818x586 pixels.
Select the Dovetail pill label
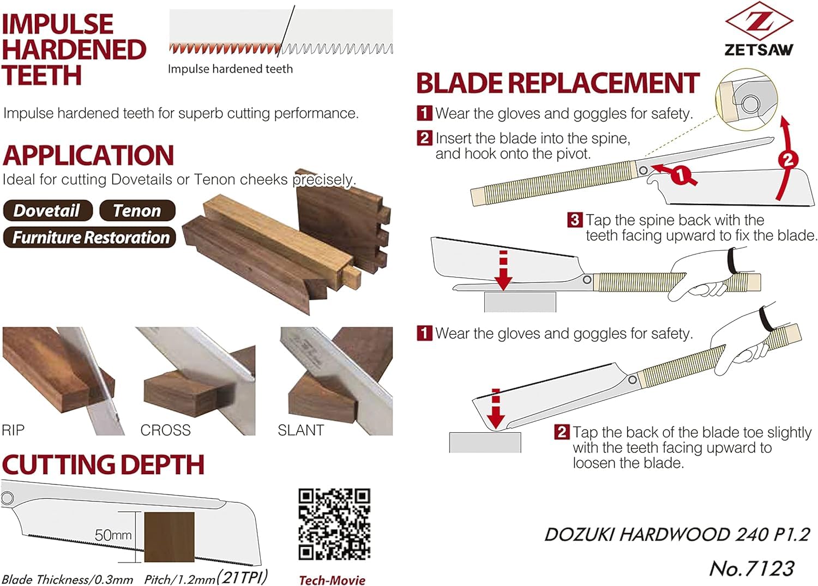[x=47, y=210]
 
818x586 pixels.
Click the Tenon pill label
[x=137, y=210]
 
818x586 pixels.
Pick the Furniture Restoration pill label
[x=90, y=237]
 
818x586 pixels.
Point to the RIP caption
[x=13, y=430]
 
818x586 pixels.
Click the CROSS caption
[x=165, y=430]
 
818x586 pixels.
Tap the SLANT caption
[x=300, y=430]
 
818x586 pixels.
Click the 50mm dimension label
[x=113, y=535]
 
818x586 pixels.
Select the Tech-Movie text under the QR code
[x=332, y=580]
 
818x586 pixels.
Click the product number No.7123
[x=751, y=569]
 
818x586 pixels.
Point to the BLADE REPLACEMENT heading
[x=557, y=83]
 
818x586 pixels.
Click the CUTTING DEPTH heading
[x=103, y=465]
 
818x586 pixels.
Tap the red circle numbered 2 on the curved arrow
[x=787, y=160]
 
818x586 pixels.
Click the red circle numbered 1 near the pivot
[x=680, y=176]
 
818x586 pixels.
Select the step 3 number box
[x=574, y=220]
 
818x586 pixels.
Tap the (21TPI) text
[x=242, y=577]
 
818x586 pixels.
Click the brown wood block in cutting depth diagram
[x=169, y=537]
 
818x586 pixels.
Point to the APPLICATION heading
[x=88, y=155]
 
